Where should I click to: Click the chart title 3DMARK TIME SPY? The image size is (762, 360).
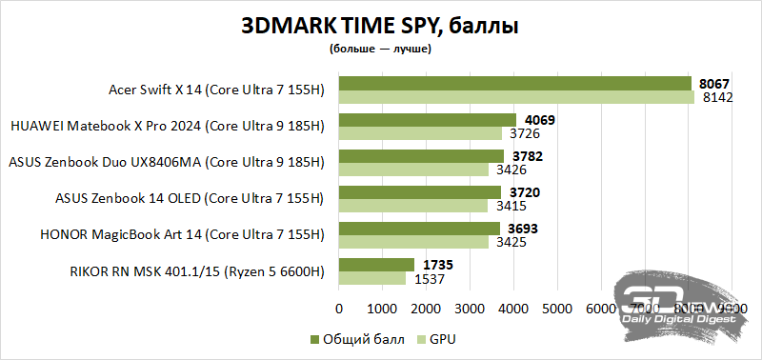tap(380, 27)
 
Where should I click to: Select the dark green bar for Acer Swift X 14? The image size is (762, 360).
tap(514, 84)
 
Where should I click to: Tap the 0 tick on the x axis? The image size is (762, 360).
tap(339, 310)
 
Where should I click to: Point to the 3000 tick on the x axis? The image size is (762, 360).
tap(470, 310)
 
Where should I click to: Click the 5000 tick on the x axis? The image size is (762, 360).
tap(557, 310)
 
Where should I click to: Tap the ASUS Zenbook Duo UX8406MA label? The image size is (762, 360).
tap(166, 163)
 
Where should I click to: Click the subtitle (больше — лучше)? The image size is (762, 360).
tap(380, 48)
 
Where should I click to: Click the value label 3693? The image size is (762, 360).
tap(522, 229)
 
